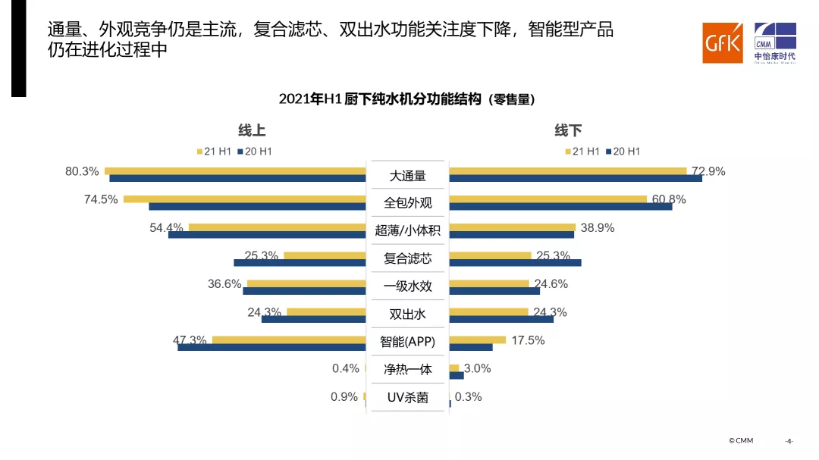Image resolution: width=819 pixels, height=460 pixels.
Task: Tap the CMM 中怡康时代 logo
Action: [774, 42]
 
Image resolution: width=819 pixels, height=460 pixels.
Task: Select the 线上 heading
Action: [252, 130]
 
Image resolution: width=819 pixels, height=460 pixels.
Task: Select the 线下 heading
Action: [568, 130]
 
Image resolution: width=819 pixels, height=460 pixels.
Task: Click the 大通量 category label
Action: [407, 176]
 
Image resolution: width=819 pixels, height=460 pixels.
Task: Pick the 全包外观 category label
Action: [407, 203]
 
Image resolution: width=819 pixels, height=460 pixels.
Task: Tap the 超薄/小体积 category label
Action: [407, 230]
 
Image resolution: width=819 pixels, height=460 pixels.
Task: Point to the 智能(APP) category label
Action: [407, 342]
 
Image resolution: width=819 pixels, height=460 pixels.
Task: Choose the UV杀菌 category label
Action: [407, 397]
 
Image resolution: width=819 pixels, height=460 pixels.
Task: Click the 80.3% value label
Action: [82, 171]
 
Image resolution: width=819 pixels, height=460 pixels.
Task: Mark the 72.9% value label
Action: [708, 171]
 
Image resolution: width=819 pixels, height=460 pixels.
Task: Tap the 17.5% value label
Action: [528, 340]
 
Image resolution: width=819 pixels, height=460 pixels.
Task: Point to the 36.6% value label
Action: [224, 284]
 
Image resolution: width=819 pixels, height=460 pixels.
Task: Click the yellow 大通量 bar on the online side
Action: [235, 171]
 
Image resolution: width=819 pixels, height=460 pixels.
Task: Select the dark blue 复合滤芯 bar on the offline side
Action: [515, 262]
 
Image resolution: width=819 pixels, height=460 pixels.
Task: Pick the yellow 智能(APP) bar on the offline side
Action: [477, 340]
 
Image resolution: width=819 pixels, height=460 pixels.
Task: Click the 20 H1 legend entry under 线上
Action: [255, 152]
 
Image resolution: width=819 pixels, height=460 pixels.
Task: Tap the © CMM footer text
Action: [741, 440]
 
